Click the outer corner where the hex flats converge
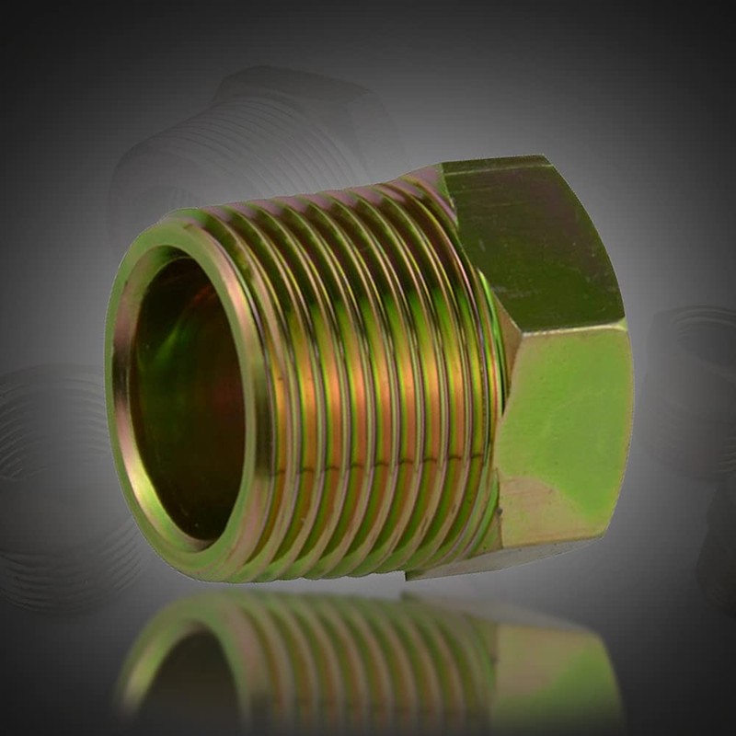click(625, 321)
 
